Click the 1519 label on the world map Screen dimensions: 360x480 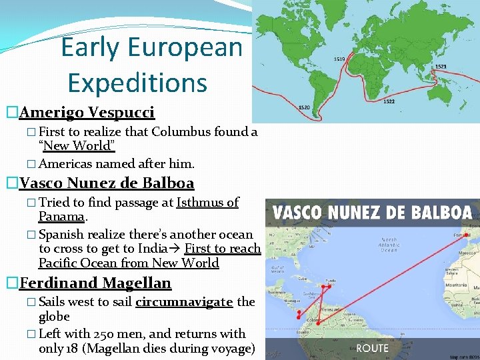pyautogui.click(x=339, y=59)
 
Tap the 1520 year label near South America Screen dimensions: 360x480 pyautogui.click(x=303, y=107)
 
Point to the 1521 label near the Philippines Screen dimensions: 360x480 pyautogui.click(x=441, y=67)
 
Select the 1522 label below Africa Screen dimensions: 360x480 pyautogui.click(x=389, y=102)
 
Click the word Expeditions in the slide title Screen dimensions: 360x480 pyautogui.click(x=137, y=83)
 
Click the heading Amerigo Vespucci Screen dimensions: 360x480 pyautogui.click(x=87, y=112)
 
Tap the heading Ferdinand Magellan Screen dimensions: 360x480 pyautogui.click(x=95, y=283)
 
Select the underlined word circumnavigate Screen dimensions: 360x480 pyautogui.click(x=184, y=302)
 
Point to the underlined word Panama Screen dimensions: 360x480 pyautogui.click(x=61, y=217)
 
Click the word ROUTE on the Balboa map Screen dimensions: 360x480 pyautogui.click(x=372, y=348)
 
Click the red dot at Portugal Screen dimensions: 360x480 pyautogui.click(x=468, y=235)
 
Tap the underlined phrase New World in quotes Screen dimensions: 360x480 pyautogui.click(x=77, y=146)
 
